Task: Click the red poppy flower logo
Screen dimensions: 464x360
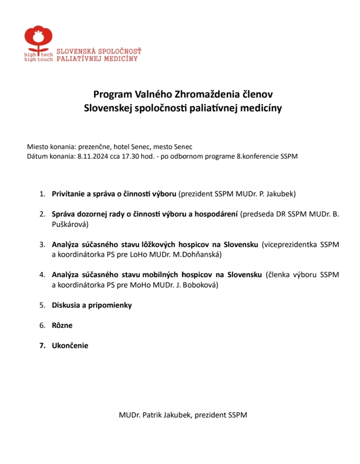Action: [x=38, y=38]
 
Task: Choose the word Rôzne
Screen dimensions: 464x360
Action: [x=62, y=325]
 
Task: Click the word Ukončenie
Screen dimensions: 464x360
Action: [x=70, y=346]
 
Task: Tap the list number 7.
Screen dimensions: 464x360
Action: [x=42, y=346]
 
